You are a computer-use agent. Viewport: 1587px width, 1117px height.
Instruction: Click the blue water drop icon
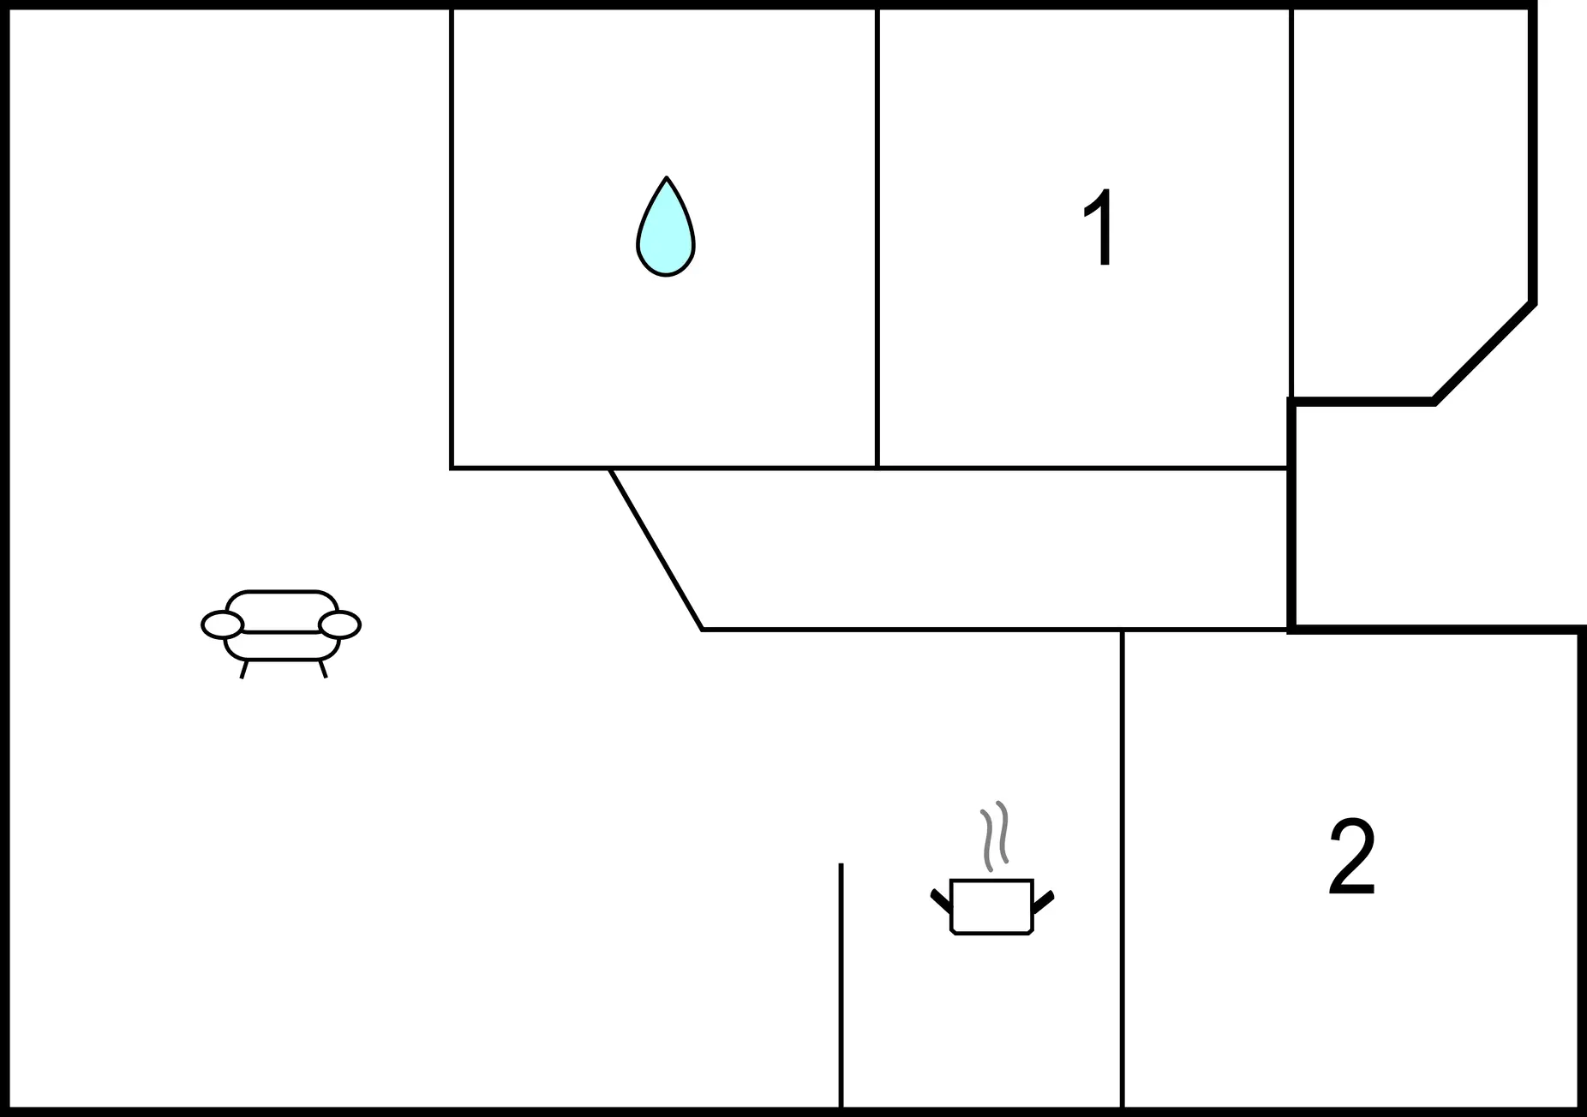click(666, 228)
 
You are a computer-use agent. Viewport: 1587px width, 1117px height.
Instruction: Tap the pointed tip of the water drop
click(666, 177)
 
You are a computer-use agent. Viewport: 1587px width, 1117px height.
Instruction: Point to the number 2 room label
click(1352, 857)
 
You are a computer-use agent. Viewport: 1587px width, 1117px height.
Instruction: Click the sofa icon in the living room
click(281, 632)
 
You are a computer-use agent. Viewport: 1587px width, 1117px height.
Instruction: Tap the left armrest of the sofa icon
click(223, 625)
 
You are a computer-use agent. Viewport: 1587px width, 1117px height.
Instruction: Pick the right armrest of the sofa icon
click(339, 625)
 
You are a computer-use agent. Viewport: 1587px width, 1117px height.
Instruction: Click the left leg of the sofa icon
click(244, 669)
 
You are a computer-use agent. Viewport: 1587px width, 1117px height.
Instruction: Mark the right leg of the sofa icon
click(322, 668)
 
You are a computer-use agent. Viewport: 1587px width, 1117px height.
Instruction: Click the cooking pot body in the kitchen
click(991, 906)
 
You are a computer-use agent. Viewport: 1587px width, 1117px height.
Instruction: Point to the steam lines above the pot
click(994, 836)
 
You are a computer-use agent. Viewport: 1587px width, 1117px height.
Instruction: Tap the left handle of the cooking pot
click(941, 900)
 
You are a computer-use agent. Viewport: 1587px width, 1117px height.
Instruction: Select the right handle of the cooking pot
click(1043, 900)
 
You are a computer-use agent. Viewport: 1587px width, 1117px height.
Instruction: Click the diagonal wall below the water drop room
click(656, 549)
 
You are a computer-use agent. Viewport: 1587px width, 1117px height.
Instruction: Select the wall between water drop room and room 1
click(877, 238)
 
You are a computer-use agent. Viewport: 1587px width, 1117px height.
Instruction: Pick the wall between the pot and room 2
click(1122, 869)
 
